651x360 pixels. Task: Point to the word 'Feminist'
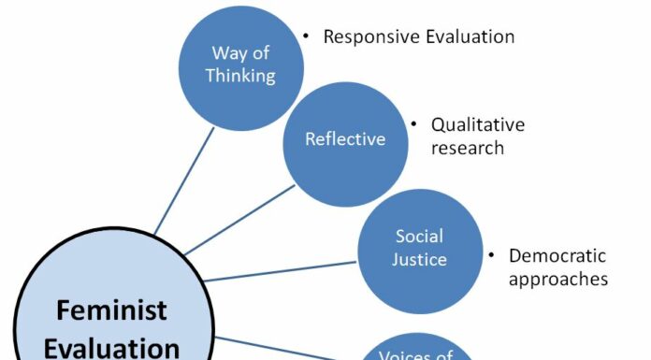coord(110,310)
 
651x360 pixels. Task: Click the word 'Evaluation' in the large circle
coord(110,348)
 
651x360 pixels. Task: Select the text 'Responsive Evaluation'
coord(419,36)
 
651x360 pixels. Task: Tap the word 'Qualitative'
coord(478,124)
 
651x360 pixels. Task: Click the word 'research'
coord(468,147)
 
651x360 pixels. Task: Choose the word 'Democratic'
coord(557,255)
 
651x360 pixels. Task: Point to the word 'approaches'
coord(558,279)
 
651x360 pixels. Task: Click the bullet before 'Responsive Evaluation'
coord(305,36)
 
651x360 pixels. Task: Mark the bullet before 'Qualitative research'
coord(412,124)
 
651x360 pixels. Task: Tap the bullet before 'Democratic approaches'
coord(491,255)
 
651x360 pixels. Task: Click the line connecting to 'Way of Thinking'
coord(184,179)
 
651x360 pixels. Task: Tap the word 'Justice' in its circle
coord(419,258)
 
